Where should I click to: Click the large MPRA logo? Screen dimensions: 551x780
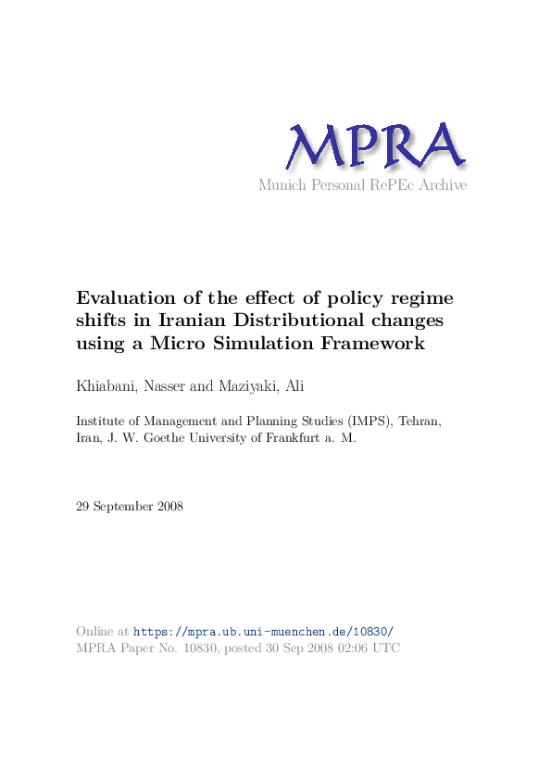pyautogui.click(x=374, y=148)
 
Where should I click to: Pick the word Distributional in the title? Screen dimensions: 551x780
pyautogui.click(x=285, y=321)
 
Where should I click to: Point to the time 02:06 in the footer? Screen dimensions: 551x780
pyautogui.click(x=352, y=648)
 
